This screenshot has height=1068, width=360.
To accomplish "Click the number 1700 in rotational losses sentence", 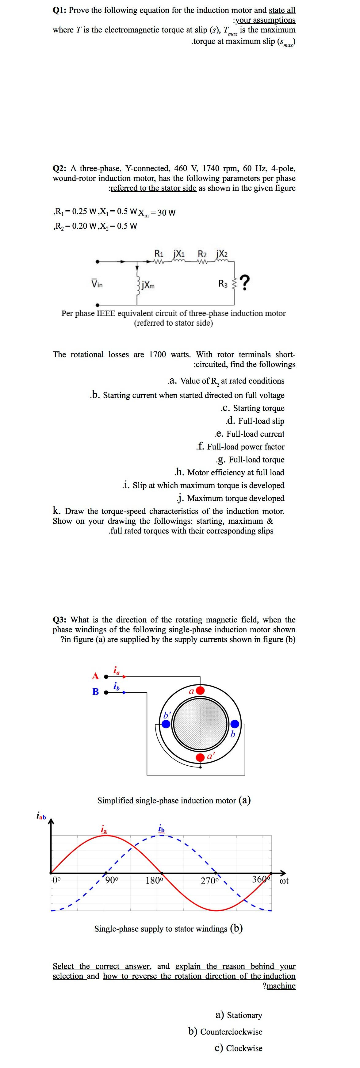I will pyautogui.click(x=157, y=354).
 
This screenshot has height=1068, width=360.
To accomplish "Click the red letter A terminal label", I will pyautogui.click(x=95, y=676).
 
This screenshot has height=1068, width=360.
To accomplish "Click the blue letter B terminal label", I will pyautogui.click(x=95, y=691).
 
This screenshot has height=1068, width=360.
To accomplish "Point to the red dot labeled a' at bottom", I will pyautogui.click(x=200, y=757).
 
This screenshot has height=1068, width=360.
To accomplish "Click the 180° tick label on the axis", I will pyautogui.click(x=154, y=880).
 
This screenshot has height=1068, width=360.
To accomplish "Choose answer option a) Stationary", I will pyautogui.click(x=239, y=1015).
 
